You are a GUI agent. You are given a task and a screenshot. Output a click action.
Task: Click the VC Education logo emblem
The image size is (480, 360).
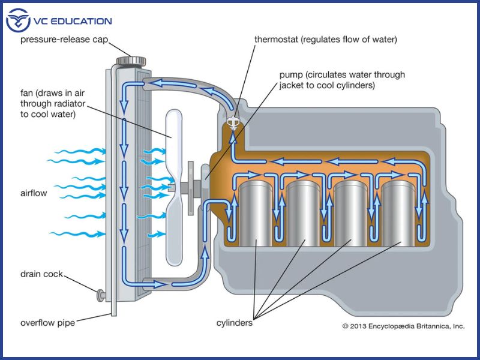[x=18, y=21]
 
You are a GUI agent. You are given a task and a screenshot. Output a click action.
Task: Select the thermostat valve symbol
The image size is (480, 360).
[x=231, y=124]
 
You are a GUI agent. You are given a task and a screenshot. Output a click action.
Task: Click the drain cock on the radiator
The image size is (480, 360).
[x=100, y=295]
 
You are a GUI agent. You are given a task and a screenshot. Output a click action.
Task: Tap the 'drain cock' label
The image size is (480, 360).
[x=41, y=274]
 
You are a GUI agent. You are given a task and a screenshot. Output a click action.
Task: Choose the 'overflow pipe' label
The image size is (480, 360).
[x=47, y=323]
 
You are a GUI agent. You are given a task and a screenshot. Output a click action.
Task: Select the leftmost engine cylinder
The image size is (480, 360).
[x=256, y=213]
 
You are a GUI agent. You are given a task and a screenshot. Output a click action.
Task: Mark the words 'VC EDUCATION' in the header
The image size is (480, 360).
[x=74, y=21]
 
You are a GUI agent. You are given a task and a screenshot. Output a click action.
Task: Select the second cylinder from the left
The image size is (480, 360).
[x=304, y=213]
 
